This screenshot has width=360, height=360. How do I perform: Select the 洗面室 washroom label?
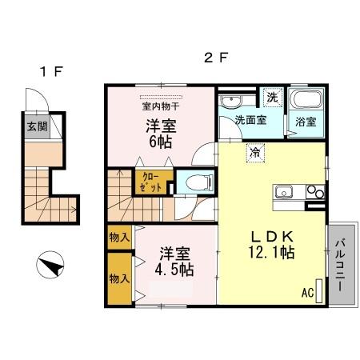249,121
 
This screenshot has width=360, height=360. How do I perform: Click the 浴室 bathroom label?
306,122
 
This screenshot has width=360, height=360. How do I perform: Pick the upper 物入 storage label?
119,238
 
